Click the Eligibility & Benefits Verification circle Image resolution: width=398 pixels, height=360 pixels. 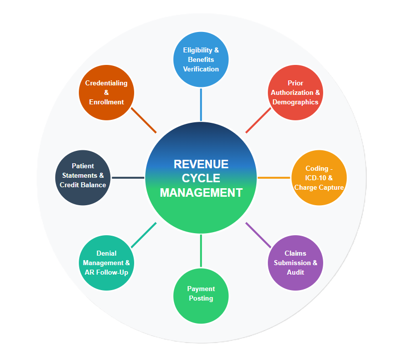[x=200, y=59]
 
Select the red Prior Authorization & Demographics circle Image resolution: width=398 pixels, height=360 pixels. [x=295, y=92]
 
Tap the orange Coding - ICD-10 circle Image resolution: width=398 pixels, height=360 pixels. [x=319, y=178]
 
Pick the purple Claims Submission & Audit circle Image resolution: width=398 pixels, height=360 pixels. [x=295, y=263]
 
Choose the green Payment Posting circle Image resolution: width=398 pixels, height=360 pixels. [x=200, y=296]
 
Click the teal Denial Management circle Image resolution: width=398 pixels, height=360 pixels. [x=106, y=263]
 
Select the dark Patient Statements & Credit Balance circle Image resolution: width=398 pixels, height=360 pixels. [x=82, y=176]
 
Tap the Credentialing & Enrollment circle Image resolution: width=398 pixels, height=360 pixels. [x=106, y=92]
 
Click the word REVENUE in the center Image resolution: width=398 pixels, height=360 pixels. [x=200, y=164]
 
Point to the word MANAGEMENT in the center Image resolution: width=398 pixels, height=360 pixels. [x=200, y=192]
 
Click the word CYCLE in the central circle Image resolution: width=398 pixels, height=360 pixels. [x=200, y=178]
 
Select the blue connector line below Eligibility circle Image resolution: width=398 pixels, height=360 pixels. [x=200, y=104]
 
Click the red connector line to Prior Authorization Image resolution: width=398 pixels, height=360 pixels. [x=258, y=121]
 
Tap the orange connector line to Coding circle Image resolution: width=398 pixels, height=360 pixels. [x=274, y=178]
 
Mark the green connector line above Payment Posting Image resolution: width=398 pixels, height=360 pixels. [x=200, y=251]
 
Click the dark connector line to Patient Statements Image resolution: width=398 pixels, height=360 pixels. [x=128, y=177]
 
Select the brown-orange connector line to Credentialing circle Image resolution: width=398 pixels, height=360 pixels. [x=144, y=120]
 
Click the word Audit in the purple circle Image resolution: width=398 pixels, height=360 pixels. [x=295, y=272]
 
